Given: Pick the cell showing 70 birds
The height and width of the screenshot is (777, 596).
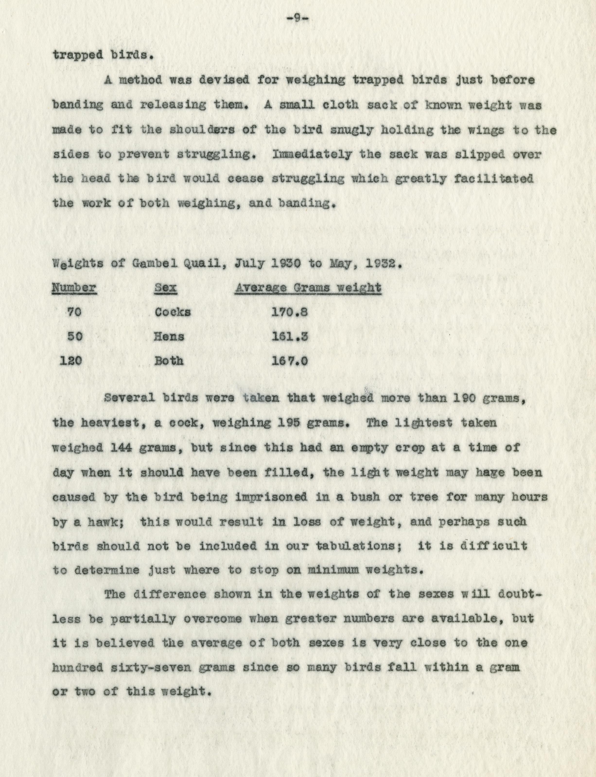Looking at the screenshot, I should coord(74,312).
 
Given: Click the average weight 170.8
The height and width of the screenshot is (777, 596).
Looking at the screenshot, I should coord(289,312).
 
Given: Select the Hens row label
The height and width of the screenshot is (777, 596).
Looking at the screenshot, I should coord(169,336).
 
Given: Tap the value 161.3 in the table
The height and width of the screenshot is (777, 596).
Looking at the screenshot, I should coord(289,336).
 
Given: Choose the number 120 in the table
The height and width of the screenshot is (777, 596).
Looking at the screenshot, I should coord(71,361).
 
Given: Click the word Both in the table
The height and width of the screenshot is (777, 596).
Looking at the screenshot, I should coord(169,361).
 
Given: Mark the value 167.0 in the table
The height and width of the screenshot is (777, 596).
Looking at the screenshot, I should coord(289,361).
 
